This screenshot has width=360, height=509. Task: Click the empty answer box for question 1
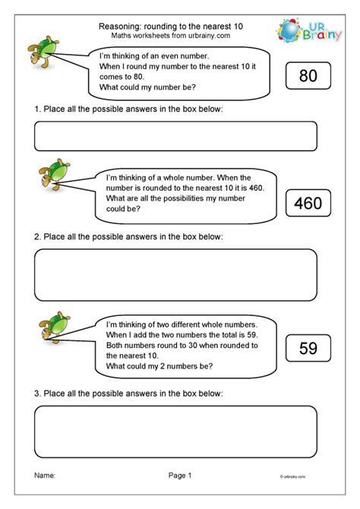point(175,136)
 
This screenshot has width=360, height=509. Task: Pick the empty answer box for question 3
point(175,431)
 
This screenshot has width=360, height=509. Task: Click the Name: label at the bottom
point(45,476)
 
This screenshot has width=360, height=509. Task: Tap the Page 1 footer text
point(180,476)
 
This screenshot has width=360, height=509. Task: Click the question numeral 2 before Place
point(37,237)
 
